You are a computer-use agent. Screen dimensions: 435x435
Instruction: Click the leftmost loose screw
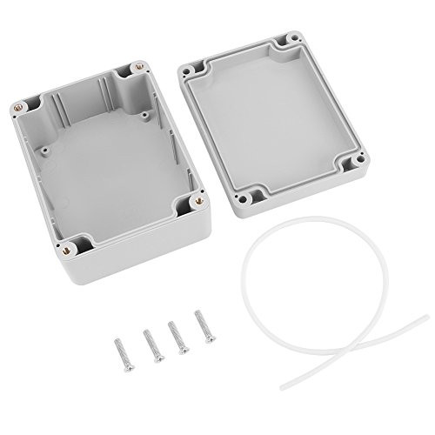point(120,350)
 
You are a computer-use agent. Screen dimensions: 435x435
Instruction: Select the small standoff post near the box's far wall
point(142,112)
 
